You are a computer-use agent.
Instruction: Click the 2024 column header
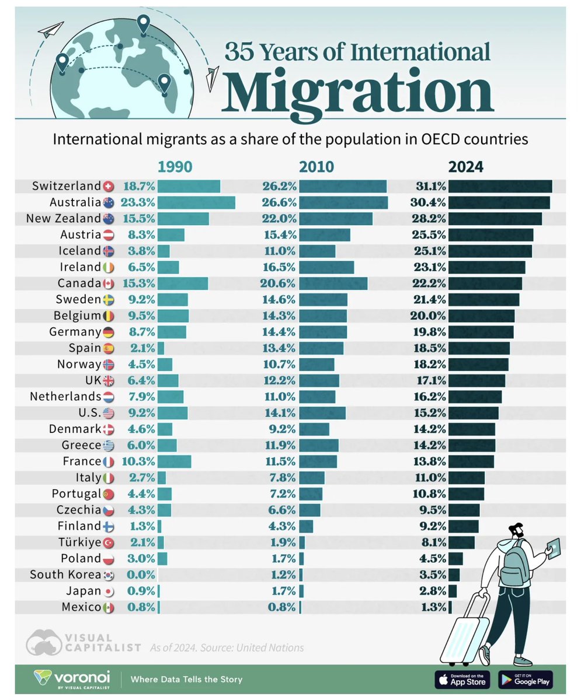click(465, 167)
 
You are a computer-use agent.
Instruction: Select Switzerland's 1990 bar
click(189, 187)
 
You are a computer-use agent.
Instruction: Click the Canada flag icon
click(108, 283)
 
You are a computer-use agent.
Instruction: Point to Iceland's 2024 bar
click(490, 251)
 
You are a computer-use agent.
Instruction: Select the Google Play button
click(526, 680)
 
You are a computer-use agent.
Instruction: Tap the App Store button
click(461, 680)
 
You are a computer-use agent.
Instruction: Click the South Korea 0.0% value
click(140, 575)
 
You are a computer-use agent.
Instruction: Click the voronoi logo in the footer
click(72, 680)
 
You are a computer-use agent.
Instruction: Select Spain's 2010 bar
click(321, 348)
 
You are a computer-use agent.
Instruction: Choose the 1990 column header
click(175, 167)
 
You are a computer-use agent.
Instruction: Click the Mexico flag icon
click(108, 608)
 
